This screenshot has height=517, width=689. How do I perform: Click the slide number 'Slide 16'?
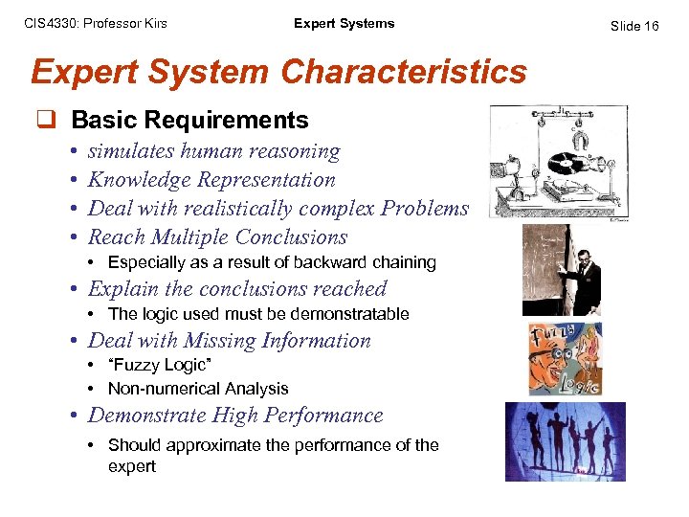point(635,26)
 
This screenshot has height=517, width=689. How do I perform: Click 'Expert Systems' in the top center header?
point(344,24)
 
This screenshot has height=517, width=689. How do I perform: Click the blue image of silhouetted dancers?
point(566,441)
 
